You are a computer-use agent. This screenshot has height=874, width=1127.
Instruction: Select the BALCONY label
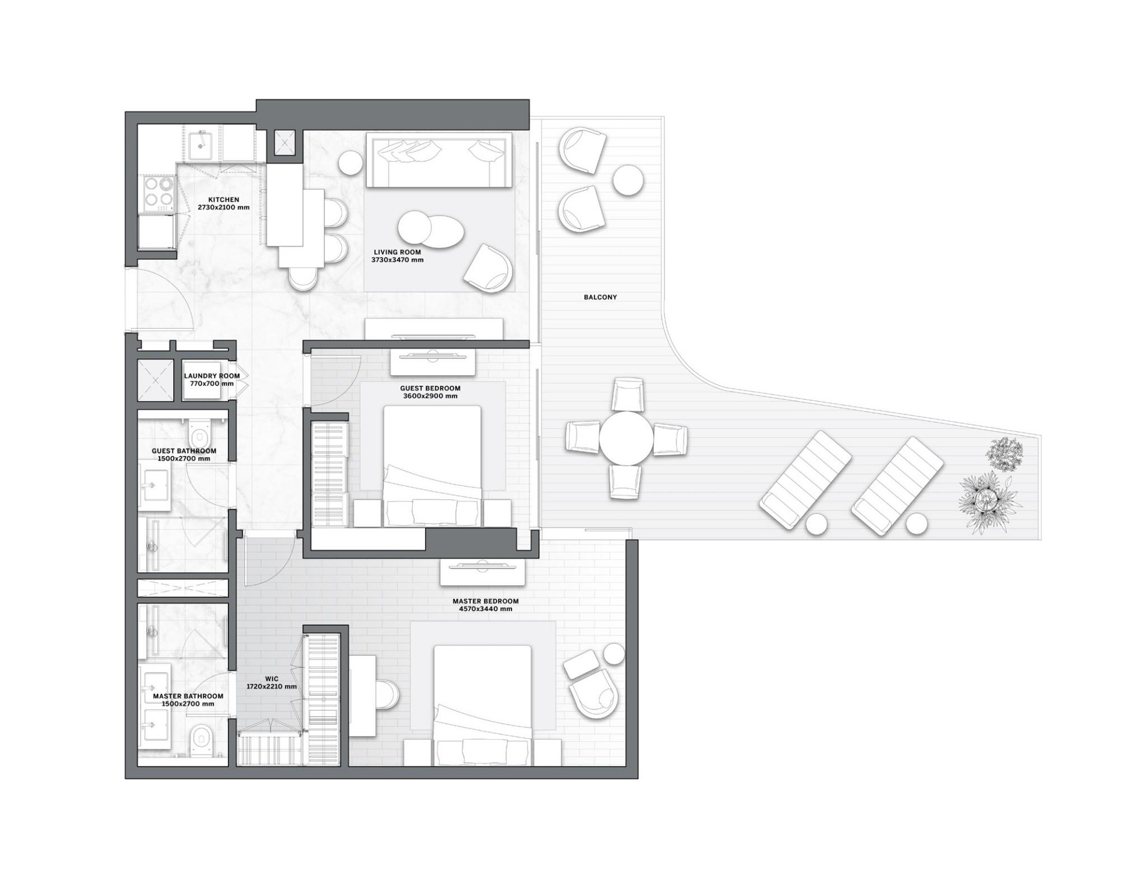point(600,297)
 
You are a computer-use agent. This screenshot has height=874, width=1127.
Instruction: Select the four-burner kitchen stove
point(158,192)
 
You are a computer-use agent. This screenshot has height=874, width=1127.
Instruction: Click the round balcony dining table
point(626,438)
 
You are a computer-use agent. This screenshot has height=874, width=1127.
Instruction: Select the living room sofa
point(439,160)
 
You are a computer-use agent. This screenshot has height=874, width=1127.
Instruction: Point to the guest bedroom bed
point(432,459)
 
